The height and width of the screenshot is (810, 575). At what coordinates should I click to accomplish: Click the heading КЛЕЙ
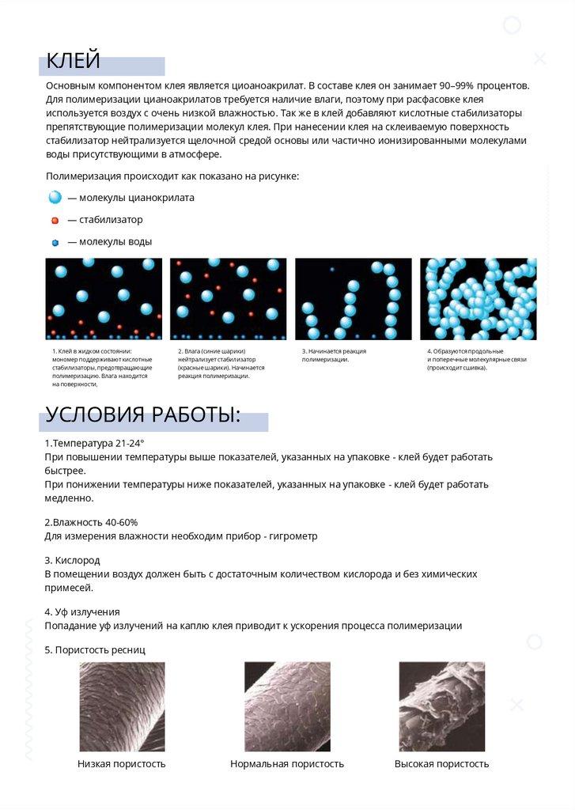point(73,60)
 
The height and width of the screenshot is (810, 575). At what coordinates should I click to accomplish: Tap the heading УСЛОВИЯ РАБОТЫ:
point(142,415)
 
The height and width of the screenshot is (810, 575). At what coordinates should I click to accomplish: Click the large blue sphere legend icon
point(55,198)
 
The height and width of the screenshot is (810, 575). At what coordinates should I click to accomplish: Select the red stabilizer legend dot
point(55,220)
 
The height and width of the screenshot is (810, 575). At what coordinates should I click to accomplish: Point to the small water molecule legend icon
point(55,242)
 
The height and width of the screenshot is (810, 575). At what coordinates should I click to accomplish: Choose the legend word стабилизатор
point(111,220)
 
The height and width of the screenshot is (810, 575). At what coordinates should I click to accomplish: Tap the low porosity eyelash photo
point(122,706)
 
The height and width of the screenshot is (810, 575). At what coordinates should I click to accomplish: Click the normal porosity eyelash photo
point(287,706)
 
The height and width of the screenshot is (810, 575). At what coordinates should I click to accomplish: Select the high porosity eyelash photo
point(441,706)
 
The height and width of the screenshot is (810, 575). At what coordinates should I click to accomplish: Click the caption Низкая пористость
point(122,764)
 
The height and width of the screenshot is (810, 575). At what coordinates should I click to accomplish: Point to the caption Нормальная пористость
point(287,764)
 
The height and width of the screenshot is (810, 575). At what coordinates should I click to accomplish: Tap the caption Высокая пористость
point(441,764)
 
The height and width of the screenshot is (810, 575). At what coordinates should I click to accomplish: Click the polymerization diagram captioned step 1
point(104,299)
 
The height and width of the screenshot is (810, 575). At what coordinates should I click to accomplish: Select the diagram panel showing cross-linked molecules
point(478,299)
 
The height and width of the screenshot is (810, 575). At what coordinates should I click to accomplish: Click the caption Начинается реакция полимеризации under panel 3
point(334,355)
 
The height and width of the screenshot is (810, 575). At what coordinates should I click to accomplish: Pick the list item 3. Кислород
point(72,560)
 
